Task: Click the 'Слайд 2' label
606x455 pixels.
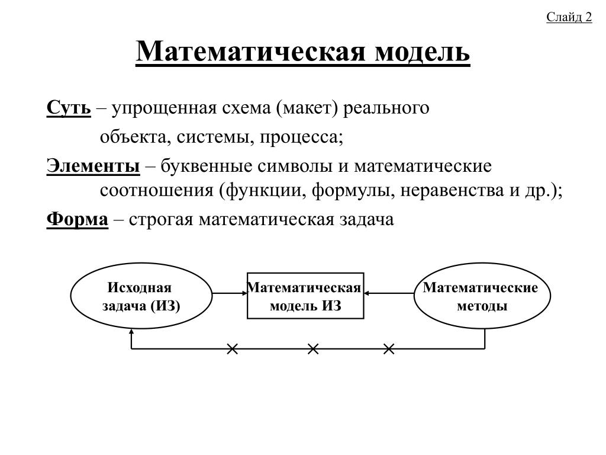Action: pos(569,17)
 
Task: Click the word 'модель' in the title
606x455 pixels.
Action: pos(423,52)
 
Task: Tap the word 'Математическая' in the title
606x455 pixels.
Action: pos(250,51)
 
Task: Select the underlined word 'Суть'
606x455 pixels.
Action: pos(69,108)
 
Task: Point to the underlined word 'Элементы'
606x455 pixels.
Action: pos(93,166)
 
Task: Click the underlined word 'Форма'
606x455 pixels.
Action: pos(78,219)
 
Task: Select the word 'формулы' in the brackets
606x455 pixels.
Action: pos(353,191)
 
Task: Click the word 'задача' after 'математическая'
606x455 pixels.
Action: pos(366,220)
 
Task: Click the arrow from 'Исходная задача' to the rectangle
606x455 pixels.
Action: pos(230,293)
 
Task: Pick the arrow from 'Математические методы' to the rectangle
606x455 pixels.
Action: pos(389,293)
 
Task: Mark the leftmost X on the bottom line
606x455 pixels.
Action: pos(232,349)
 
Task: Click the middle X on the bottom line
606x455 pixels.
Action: pos(313,349)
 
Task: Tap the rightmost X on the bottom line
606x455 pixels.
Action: pos(389,349)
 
